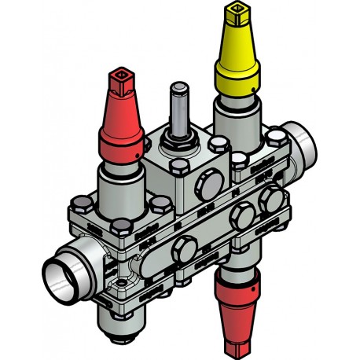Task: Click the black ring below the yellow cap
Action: click(x=237, y=97)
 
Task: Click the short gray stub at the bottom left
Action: click(x=117, y=324)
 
